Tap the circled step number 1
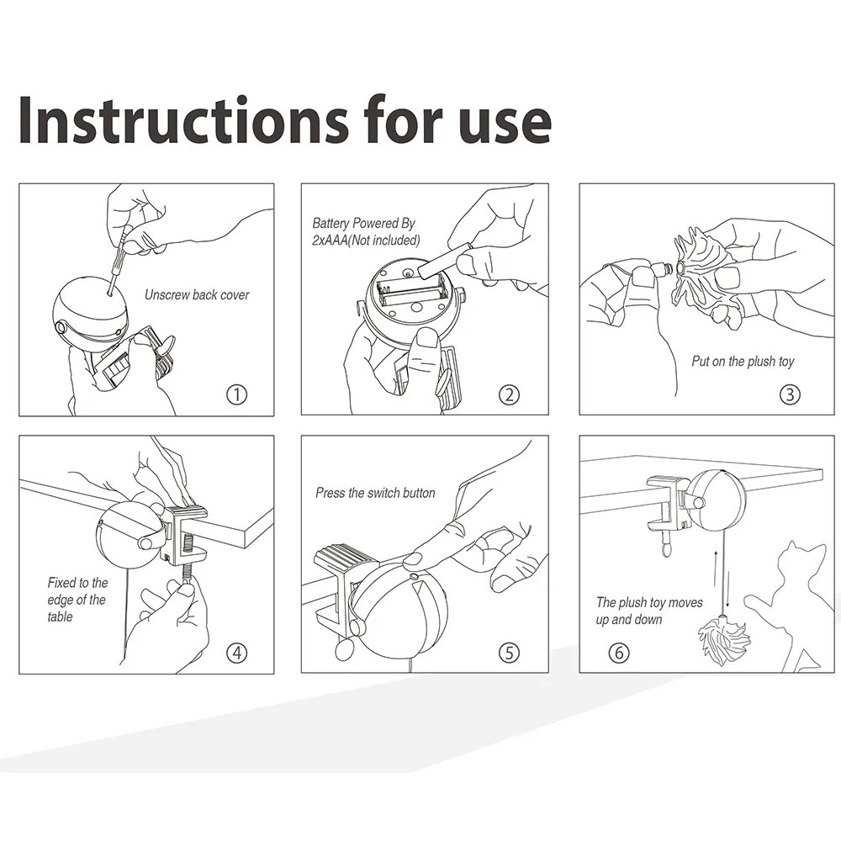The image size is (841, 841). [236, 395]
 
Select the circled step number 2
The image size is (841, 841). [509, 395]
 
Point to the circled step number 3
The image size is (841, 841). [790, 395]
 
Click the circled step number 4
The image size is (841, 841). [236, 653]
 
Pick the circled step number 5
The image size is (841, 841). [509, 653]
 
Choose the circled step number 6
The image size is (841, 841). [619, 653]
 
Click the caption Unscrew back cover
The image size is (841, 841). [197, 295]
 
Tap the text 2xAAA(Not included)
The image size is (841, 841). [366, 241]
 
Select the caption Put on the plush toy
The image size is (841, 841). [743, 362]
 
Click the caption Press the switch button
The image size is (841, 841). [375, 493]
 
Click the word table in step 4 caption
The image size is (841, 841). [60, 617]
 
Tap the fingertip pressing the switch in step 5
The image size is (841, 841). [412, 561]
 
